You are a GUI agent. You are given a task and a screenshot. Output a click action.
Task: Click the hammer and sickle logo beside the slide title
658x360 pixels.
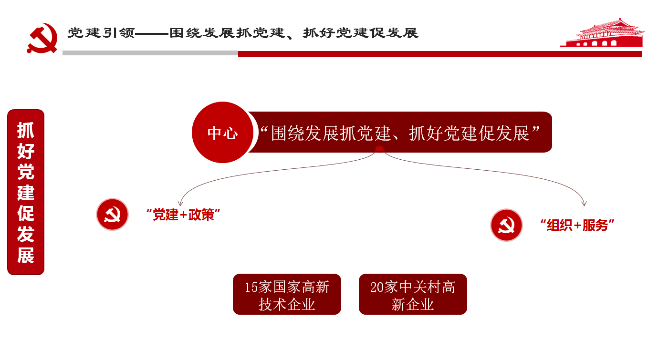tap(42, 38)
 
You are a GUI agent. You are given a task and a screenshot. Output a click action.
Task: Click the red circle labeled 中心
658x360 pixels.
tap(222, 133)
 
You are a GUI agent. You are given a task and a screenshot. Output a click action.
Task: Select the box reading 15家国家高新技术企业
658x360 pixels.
tap(287, 294)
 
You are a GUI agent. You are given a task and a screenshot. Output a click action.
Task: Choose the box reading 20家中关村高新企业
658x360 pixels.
tap(413, 294)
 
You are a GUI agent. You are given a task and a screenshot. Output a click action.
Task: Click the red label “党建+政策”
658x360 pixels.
tap(183, 215)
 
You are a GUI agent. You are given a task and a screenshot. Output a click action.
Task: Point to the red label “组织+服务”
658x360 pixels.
tap(577, 225)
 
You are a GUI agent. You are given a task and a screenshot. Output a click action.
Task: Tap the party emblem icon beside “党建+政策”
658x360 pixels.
tap(112, 215)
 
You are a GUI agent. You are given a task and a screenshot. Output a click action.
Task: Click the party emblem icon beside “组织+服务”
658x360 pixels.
tap(506, 225)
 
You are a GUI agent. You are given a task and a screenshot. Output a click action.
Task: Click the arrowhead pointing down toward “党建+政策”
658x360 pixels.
tap(180, 203)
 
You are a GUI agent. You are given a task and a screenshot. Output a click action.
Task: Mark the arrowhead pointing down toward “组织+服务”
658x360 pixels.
tap(584, 203)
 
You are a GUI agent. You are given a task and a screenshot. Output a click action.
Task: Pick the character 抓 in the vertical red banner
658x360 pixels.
tap(26, 130)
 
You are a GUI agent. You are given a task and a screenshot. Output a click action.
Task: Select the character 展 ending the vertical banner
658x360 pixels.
tap(26, 255)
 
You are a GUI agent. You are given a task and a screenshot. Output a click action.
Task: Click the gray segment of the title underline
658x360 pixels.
tap(150, 53)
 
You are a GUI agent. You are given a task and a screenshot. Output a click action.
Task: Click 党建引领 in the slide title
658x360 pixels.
tap(101, 33)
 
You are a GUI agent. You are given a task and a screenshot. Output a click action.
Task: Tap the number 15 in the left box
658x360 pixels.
tap(251, 287)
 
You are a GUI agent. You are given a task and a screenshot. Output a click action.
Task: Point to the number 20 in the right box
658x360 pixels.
tap(377, 287)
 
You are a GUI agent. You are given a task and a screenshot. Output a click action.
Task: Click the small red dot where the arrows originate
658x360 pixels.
tap(379, 149)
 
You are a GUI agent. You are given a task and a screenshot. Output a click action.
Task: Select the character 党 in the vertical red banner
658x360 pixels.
tap(26, 172)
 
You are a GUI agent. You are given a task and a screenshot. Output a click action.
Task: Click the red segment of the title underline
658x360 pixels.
tap(440, 54)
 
